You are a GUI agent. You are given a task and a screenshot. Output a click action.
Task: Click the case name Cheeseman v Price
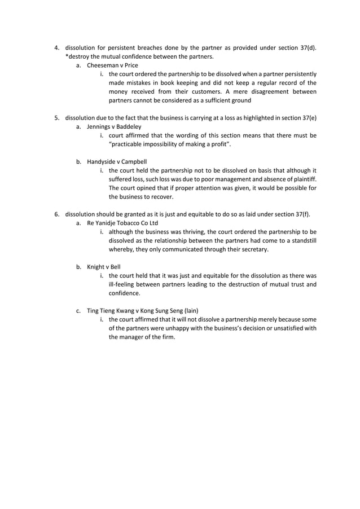(x=112, y=65)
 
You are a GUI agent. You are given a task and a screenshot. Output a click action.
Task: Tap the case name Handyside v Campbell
(x=117, y=162)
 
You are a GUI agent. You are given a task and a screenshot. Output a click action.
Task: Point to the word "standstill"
(x=300, y=240)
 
